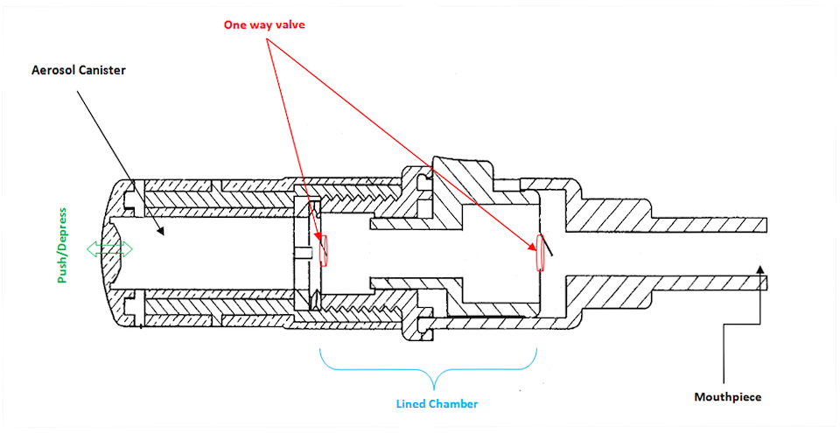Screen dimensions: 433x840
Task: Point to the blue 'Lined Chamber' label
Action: click(x=436, y=403)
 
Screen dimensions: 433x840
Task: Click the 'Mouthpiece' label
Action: click(x=727, y=396)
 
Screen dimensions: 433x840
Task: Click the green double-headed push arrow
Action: click(x=109, y=249)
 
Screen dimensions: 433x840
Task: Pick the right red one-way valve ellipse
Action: click(x=539, y=253)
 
